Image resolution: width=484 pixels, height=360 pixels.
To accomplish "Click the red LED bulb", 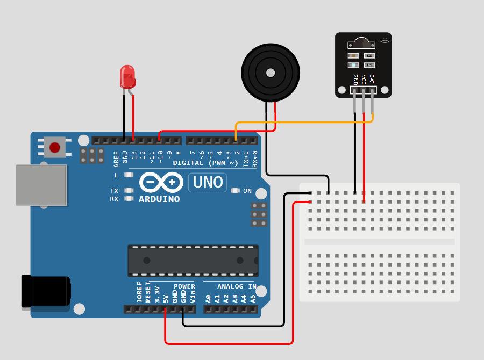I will [x=127, y=76].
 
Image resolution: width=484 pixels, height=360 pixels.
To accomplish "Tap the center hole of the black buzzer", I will [x=269, y=73].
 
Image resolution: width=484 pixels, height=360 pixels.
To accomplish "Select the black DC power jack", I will [x=46, y=292].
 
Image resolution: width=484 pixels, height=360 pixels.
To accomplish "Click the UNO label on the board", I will [x=208, y=183].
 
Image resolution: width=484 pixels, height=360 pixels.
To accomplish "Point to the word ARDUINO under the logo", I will [x=159, y=199].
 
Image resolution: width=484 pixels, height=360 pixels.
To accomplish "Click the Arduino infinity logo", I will [x=160, y=183].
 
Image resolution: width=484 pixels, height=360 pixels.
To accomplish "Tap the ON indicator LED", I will [x=235, y=191].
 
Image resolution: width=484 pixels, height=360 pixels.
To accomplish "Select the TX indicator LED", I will [x=128, y=191].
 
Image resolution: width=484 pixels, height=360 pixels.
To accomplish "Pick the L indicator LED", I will [x=128, y=175].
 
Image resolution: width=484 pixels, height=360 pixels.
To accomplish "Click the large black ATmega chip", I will [x=193, y=261].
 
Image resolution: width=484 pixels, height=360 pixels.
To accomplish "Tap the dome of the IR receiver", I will [x=360, y=42].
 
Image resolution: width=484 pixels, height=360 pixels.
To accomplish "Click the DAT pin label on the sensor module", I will [x=372, y=78].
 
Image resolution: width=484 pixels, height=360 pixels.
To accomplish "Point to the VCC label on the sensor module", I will [x=364, y=79].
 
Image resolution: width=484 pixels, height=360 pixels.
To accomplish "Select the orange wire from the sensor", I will [x=301, y=123].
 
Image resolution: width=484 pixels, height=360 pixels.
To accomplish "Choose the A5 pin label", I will [x=253, y=297].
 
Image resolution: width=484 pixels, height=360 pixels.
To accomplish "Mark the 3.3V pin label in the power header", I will [x=157, y=294].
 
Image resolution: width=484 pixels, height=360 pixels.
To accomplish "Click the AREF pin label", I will [x=116, y=157].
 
